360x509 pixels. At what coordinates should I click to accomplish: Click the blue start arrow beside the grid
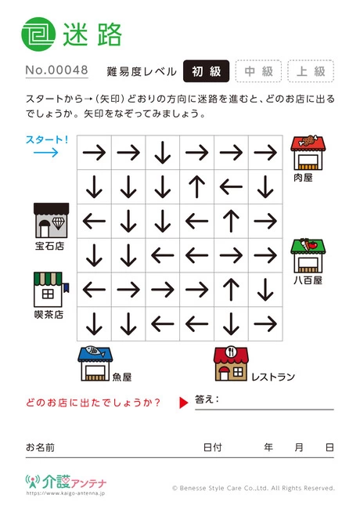click(x=46, y=152)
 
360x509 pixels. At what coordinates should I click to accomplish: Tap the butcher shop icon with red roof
click(x=308, y=153)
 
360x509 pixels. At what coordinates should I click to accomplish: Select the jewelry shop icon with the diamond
click(x=51, y=220)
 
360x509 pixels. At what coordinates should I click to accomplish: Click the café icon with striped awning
click(x=51, y=290)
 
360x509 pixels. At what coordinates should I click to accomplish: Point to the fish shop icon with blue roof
click(x=95, y=363)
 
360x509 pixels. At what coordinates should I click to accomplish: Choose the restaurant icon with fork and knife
click(x=231, y=363)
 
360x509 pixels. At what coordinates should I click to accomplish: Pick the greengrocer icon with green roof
click(x=308, y=256)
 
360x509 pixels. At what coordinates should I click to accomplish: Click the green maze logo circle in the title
click(x=38, y=34)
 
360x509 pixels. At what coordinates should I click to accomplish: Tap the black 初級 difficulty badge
click(x=207, y=71)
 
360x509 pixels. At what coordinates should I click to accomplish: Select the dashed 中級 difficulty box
click(x=258, y=71)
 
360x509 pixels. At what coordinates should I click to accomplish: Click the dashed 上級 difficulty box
click(x=311, y=71)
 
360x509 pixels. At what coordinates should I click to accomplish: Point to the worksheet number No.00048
click(x=57, y=70)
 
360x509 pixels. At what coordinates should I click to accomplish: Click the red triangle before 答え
click(x=184, y=403)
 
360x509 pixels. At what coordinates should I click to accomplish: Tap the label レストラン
click(x=273, y=377)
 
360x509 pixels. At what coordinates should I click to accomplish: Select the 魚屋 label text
click(x=122, y=377)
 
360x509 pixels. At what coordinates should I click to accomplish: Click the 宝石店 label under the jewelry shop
click(x=49, y=246)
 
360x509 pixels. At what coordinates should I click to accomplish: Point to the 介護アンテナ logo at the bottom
click(x=66, y=482)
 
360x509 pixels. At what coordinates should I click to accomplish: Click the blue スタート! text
click(x=47, y=140)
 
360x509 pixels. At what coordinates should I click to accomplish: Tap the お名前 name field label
click(x=40, y=447)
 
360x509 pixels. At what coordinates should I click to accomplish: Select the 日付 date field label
click(x=212, y=447)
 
